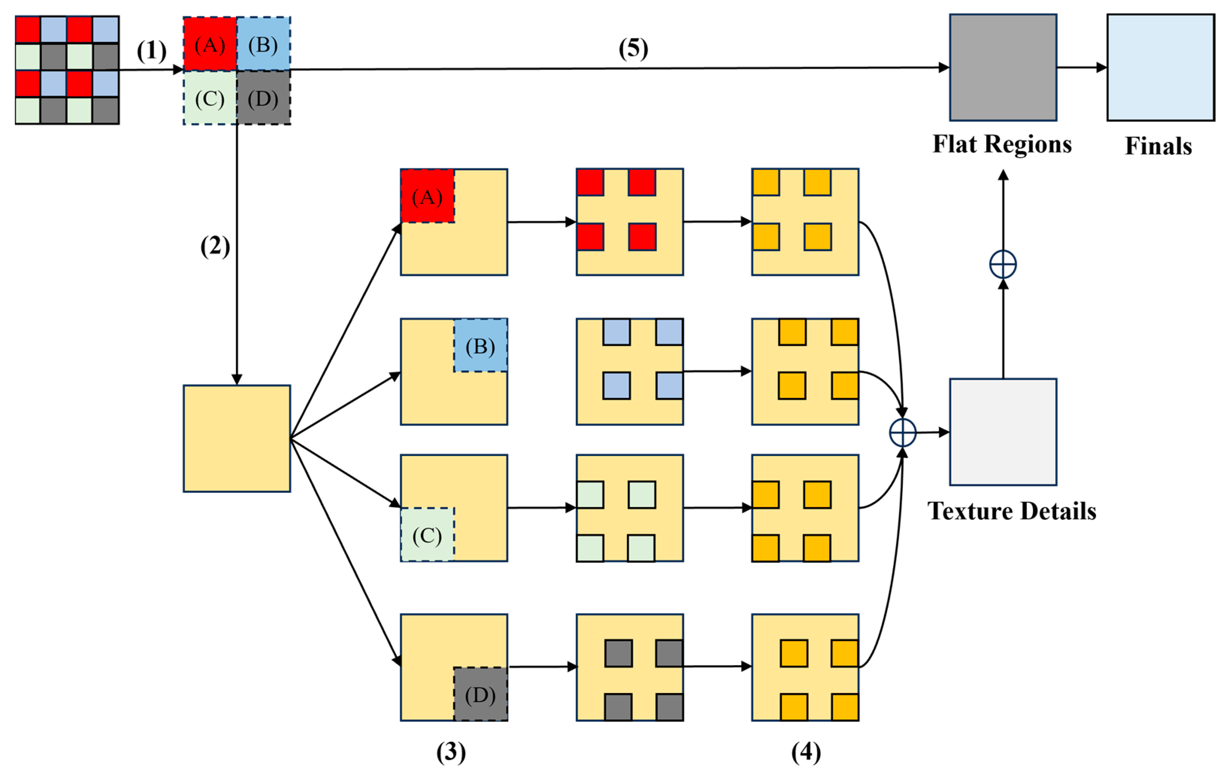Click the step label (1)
coord(151,51)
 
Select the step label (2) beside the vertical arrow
coord(215,247)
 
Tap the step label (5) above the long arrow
coord(633,49)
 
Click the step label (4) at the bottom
coord(806,752)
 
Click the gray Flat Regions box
coord(1003,67)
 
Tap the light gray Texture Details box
coord(1003,432)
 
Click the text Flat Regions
coord(1002,144)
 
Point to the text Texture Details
coord(1012,511)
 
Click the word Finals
coord(1158,146)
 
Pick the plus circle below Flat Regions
coord(1003,265)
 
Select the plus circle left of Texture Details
coord(903,433)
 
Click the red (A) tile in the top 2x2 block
coord(210,44)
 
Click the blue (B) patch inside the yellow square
coord(480,345)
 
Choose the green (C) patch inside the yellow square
coord(427,534)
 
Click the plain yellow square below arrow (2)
coord(237,439)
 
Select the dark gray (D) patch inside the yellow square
coord(480,694)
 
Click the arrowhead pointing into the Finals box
coord(1102,67)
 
